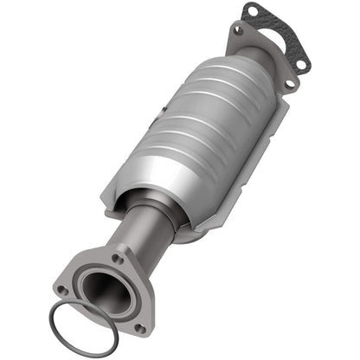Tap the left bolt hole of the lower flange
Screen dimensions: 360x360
pos(61,291)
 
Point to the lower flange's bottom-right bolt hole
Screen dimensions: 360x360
pos(138,328)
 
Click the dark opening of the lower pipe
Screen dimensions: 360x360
pos(105,294)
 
